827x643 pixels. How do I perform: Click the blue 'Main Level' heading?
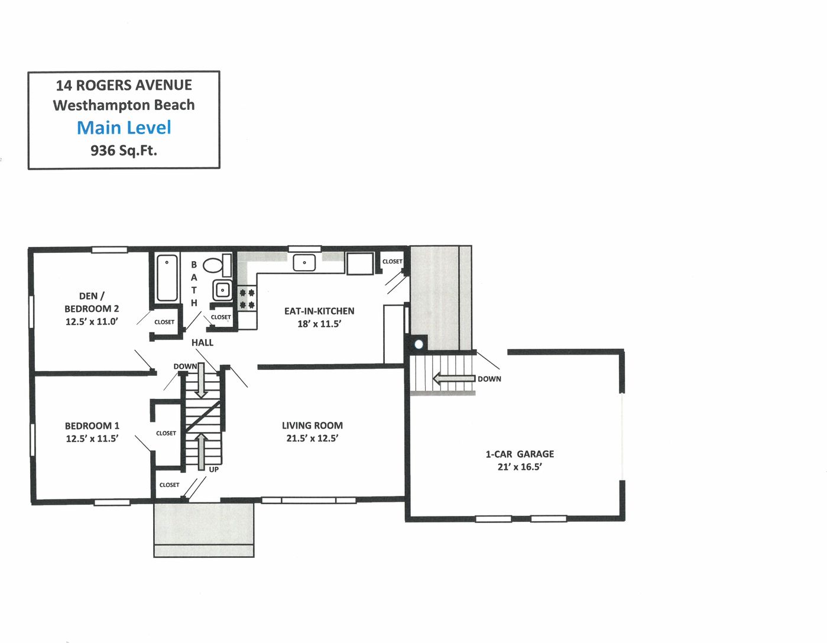click(x=124, y=128)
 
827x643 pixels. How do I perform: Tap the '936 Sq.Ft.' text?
click(x=124, y=151)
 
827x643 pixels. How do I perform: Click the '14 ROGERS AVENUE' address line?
click(x=124, y=85)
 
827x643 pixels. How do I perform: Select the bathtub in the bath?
click(x=167, y=278)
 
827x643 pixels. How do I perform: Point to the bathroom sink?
click(x=222, y=290)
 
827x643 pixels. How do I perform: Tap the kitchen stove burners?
click(x=247, y=298)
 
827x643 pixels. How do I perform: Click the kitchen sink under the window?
click(x=304, y=262)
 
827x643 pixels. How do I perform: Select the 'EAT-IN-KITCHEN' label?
click(x=319, y=311)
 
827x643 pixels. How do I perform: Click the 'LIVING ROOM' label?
click(x=312, y=426)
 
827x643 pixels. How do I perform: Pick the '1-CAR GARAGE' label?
click(x=520, y=454)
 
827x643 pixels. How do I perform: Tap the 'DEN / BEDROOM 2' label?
click(x=92, y=302)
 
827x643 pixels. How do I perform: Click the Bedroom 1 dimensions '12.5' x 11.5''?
click(x=92, y=439)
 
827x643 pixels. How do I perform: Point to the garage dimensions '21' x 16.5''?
click(x=520, y=467)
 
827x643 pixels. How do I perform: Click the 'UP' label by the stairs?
click(x=213, y=469)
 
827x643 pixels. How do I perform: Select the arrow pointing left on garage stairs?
click(x=453, y=378)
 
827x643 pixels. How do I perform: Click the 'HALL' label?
click(x=202, y=343)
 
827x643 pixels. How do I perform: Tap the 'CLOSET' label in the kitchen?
click(x=392, y=261)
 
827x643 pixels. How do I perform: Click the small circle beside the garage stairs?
click(x=419, y=344)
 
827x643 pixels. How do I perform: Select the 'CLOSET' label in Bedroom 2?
click(x=164, y=322)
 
